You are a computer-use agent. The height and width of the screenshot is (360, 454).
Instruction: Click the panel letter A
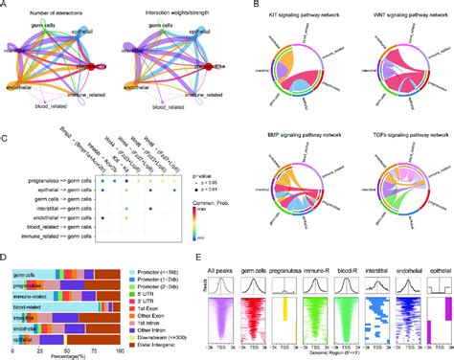(5, 6)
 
